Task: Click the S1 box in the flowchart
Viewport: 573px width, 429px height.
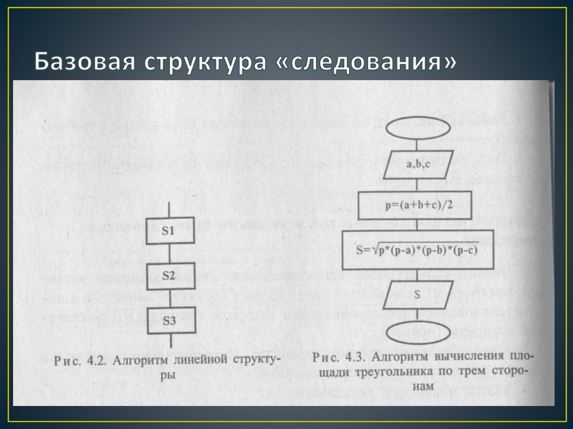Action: pyautogui.click(x=171, y=230)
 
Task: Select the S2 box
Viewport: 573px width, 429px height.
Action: pyautogui.click(x=170, y=276)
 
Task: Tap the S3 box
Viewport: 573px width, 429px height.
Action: pyautogui.click(x=170, y=320)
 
